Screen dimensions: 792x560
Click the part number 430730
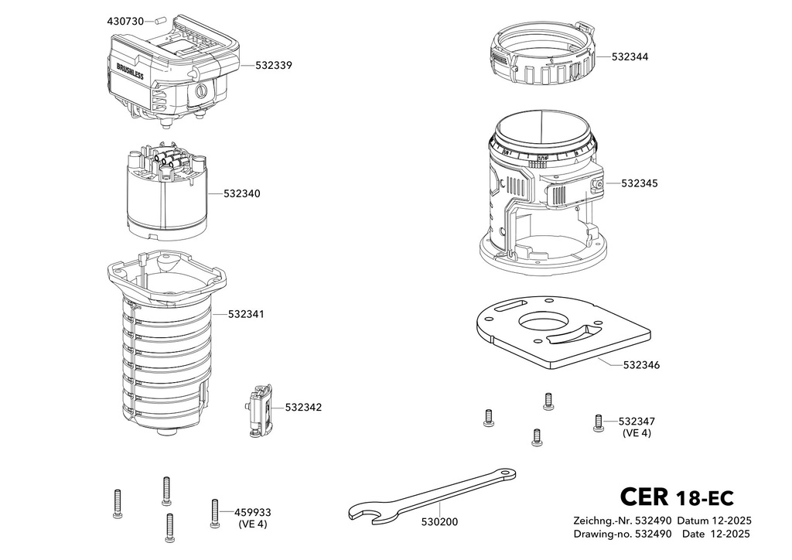pos(125,21)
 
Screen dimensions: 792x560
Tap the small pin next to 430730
pos(161,21)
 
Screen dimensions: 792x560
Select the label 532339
pos(273,65)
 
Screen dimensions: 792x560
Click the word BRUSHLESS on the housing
pos(130,71)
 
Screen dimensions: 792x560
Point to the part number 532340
pos(242,193)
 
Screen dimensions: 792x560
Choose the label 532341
pos(246,314)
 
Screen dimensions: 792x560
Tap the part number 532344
pos(630,56)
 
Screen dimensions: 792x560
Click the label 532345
pos(640,183)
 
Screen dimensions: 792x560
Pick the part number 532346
pos(641,364)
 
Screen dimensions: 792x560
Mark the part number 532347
pos(637,421)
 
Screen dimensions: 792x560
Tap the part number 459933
pos(253,513)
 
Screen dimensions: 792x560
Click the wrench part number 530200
pos(439,521)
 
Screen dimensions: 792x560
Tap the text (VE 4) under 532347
pos(637,433)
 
